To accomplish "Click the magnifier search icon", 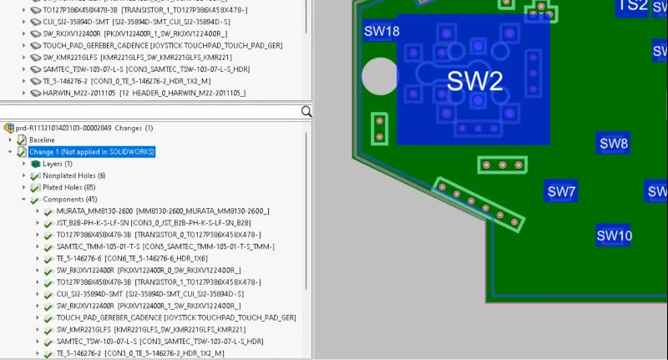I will pyautogui.click(x=306, y=111).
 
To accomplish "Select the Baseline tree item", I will pyautogui.click(x=42, y=140).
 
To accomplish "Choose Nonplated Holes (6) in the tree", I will pyautogui.click(x=73, y=176).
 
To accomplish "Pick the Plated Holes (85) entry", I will pyautogui.click(x=68, y=188).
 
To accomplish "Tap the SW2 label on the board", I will pyautogui.click(x=474, y=81).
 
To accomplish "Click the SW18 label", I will pyautogui.click(x=382, y=32).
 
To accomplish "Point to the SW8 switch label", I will pyautogui.click(x=614, y=144).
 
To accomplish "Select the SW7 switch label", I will pyautogui.click(x=561, y=191).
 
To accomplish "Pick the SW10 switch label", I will pyautogui.click(x=614, y=236).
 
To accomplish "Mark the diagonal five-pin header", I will pyautogui.click(x=478, y=204).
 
